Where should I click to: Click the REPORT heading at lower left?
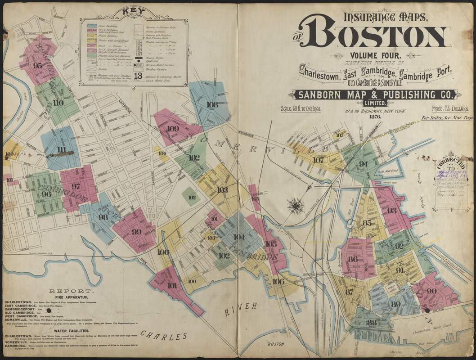(x=66, y=291)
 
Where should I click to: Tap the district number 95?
(x=38, y=65)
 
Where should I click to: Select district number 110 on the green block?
(x=58, y=103)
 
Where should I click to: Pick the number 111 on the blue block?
(x=62, y=150)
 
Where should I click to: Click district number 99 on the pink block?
(x=136, y=232)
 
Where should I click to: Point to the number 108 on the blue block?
(x=212, y=104)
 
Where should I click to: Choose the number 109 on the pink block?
(x=173, y=128)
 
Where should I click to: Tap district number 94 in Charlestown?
(x=363, y=164)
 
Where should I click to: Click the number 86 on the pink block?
(x=353, y=259)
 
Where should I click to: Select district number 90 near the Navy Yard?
(x=431, y=291)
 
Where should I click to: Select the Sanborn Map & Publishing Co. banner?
(x=375, y=94)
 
